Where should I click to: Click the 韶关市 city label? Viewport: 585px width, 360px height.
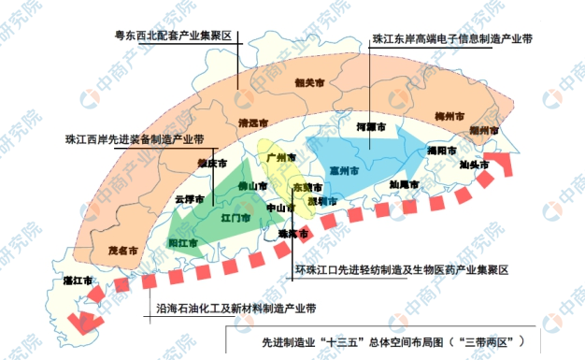309,83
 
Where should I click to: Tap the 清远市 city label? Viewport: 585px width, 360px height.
253,123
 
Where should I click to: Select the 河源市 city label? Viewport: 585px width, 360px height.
371,125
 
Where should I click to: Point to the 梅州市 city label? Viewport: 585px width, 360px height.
450,116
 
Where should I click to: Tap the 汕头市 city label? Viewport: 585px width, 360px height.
474,165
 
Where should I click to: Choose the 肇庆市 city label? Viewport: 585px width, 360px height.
212,163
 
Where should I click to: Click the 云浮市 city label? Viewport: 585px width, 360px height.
190,199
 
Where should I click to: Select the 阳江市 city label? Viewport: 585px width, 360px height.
183,243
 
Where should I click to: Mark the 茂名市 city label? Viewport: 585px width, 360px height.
122,251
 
